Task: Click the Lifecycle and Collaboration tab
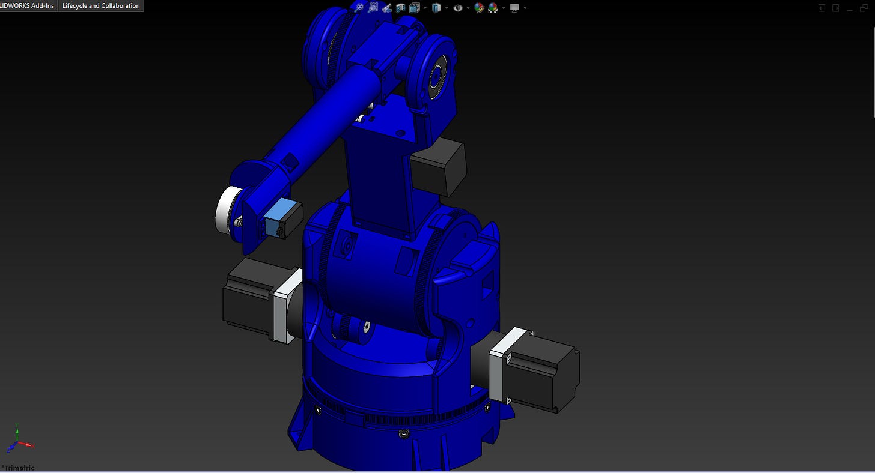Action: [x=101, y=5]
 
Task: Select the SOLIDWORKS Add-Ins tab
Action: [x=28, y=5]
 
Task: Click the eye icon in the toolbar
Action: [x=458, y=8]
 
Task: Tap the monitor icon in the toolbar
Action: [x=515, y=8]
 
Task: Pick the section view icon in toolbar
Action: [x=400, y=8]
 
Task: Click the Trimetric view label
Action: [x=18, y=468]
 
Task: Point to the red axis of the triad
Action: [x=26, y=444]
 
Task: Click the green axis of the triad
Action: [x=17, y=432]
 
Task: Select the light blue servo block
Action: [x=277, y=217]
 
